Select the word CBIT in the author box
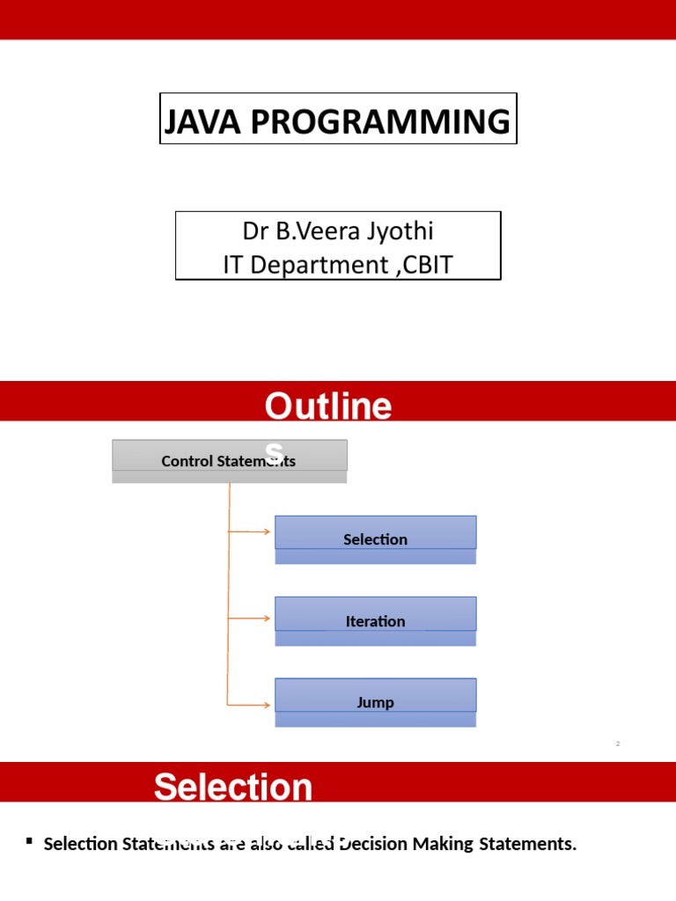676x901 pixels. (428, 264)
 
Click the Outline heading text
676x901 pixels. (328, 407)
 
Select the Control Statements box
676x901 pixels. (229, 460)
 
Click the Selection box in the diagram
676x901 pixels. (375, 538)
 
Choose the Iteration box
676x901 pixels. (375, 620)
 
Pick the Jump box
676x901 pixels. (375, 701)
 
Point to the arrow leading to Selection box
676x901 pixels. (250, 531)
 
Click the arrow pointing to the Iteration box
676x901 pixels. (250, 619)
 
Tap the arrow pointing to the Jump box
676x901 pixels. (250, 704)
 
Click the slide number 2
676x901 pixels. (618, 744)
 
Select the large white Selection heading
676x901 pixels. (233, 787)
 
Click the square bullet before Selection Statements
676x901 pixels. (29, 842)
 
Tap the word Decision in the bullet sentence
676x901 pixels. (376, 844)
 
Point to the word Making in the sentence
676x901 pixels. (446, 844)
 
